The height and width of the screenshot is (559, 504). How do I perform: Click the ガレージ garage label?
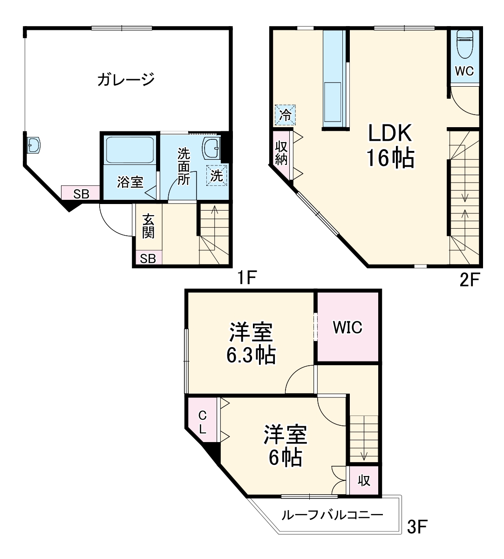point(126,80)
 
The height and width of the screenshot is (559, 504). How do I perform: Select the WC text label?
point(464,71)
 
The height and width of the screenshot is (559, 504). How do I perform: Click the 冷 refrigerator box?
point(285,115)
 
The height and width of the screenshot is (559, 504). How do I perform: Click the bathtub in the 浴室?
point(129,150)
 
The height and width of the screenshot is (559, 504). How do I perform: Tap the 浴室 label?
point(130,182)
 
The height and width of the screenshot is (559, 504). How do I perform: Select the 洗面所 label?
point(184,166)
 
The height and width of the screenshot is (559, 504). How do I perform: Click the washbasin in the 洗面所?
point(211,148)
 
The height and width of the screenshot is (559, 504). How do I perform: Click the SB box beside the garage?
point(81,193)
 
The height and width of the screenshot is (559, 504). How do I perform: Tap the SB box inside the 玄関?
point(148,258)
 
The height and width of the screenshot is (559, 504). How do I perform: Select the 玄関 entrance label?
point(148,226)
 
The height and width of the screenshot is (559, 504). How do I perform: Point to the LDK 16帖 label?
point(390,146)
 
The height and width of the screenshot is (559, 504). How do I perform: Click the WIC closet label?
point(347,327)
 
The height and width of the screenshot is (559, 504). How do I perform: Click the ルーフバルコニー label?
point(332,515)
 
